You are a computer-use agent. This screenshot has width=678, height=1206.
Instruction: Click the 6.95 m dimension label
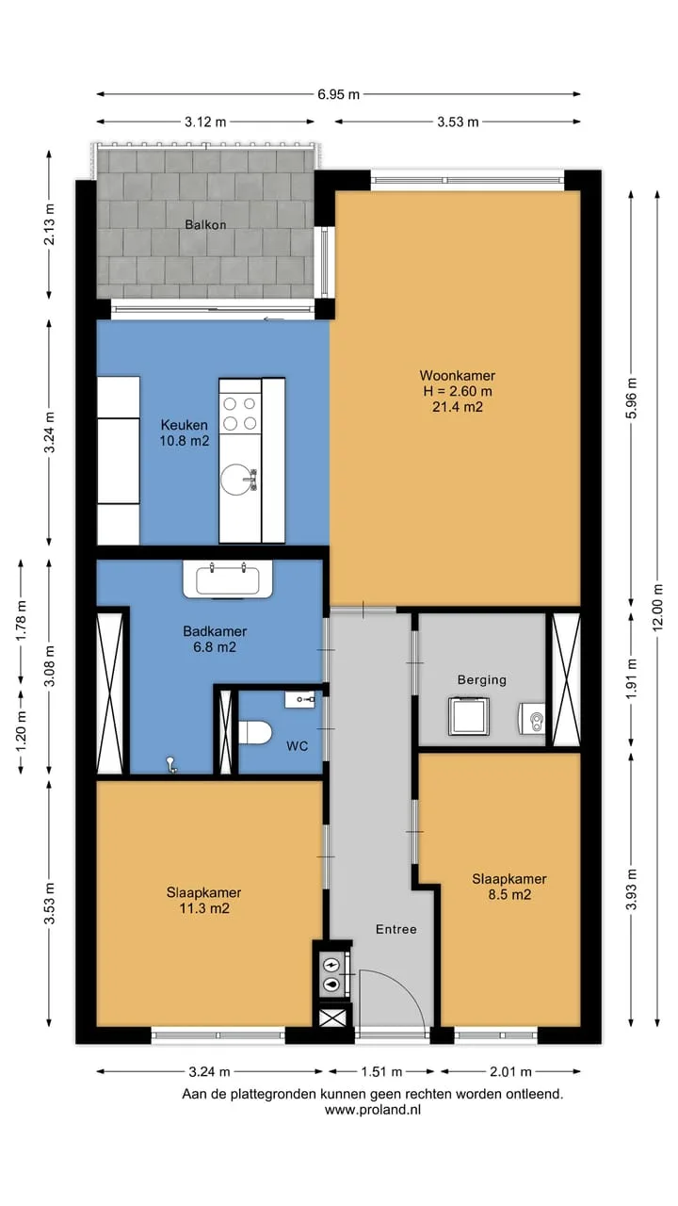tap(338, 95)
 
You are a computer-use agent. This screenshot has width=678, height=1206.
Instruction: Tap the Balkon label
tap(205, 224)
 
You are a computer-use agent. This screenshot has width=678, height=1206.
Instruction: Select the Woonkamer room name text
tap(458, 375)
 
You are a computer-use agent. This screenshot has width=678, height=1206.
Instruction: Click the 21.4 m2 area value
tap(458, 407)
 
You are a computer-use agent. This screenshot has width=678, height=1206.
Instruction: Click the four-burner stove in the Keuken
tap(240, 414)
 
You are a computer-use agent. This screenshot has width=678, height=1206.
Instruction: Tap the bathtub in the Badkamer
tap(228, 579)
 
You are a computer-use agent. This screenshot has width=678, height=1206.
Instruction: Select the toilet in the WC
tap(255, 733)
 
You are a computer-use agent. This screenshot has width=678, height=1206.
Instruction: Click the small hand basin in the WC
tap(300, 700)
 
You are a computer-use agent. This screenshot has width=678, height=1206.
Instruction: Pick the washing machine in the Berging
tap(469, 716)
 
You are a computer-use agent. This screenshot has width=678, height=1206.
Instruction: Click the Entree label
tap(396, 929)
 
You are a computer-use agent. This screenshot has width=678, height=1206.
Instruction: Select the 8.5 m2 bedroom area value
tap(509, 895)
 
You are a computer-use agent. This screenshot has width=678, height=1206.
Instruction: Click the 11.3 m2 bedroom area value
tap(204, 909)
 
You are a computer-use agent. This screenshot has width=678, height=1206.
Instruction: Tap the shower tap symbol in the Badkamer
tap(171, 764)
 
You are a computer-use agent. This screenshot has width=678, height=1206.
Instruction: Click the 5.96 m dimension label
tap(632, 398)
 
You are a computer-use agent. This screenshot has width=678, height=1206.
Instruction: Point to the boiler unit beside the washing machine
tap(532, 719)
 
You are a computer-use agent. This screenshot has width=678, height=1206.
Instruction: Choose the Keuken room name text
tap(184, 425)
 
